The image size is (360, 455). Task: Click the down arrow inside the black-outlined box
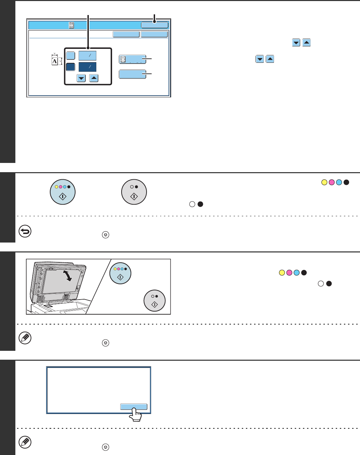81,78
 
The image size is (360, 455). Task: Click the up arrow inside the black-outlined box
94,78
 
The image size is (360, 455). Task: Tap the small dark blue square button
70,67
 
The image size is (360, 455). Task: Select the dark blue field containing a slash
87,67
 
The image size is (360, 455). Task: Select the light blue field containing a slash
87,56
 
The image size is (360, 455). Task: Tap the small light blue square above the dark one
70,56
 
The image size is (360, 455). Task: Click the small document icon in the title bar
71,25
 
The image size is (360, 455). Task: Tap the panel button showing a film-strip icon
133,59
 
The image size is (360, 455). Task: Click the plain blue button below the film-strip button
133,74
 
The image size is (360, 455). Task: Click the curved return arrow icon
25,231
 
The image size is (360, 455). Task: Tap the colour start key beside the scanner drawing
120,273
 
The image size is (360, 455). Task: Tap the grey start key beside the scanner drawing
154,301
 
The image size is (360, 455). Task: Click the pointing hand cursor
135,415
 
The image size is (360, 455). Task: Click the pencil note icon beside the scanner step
25,338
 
